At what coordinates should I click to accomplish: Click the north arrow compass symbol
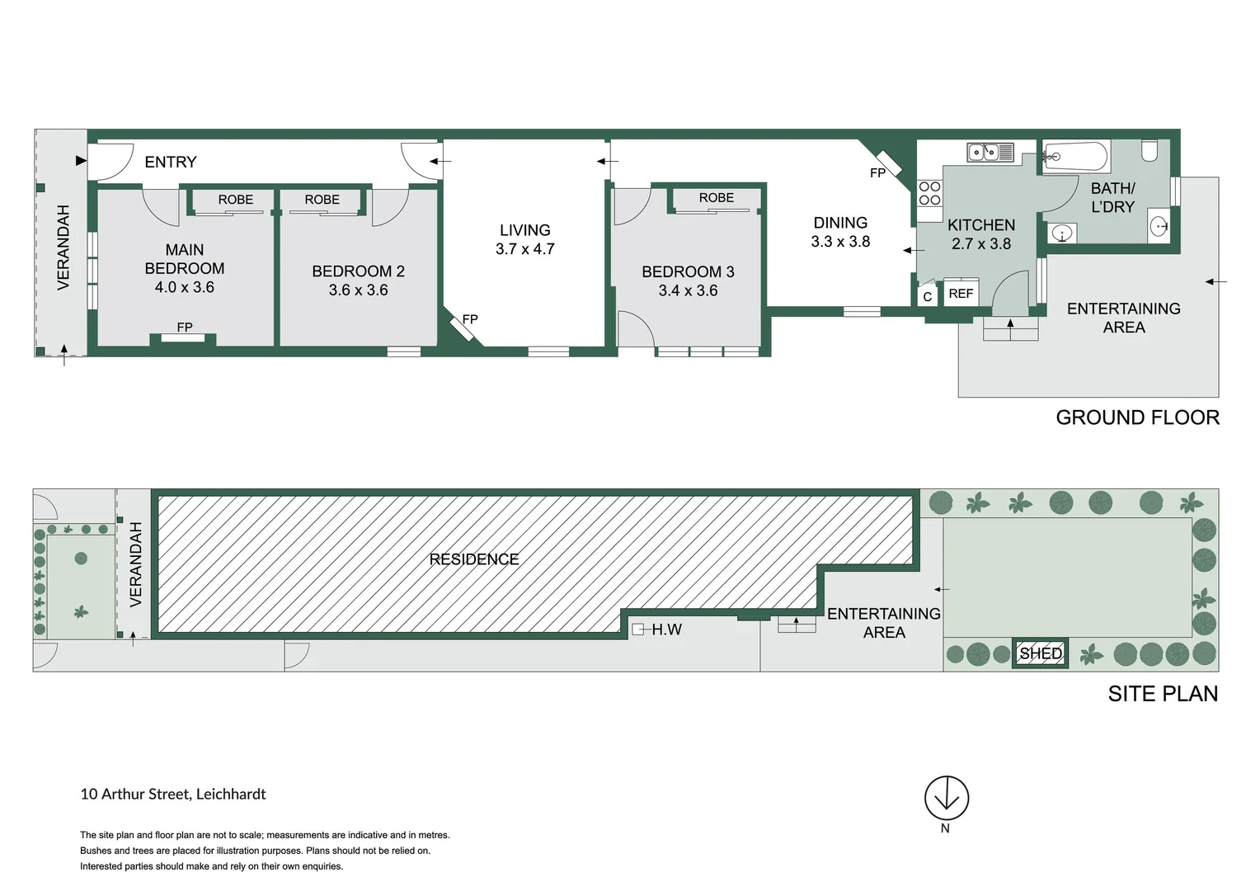click(946, 798)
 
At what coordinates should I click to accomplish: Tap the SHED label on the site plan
click(1040, 653)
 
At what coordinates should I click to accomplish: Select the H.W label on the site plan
click(666, 629)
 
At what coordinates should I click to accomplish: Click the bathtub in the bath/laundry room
click(1075, 156)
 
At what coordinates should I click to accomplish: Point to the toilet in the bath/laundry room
click(1150, 150)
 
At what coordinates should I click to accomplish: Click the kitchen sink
click(990, 152)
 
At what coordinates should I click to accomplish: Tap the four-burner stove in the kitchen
click(930, 194)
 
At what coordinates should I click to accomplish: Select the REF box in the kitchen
click(961, 294)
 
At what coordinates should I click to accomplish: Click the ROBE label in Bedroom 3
click(716, 198)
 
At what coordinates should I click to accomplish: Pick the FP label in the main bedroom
click(185, 328)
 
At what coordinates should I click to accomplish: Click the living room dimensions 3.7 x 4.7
click(525, 249)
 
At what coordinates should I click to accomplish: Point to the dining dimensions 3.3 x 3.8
click(840, 242)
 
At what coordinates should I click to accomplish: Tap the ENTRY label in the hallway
click(171, 163)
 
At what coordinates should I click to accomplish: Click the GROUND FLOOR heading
click(1137, 417)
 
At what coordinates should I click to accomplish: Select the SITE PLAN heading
click(1163, 694)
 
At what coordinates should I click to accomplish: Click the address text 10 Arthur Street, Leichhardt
click(173, 794)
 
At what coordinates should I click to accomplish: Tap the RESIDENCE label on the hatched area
click(474, 559)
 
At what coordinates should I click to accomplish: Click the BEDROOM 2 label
click(358, 271)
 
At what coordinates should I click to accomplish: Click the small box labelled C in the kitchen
click(928, 296)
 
